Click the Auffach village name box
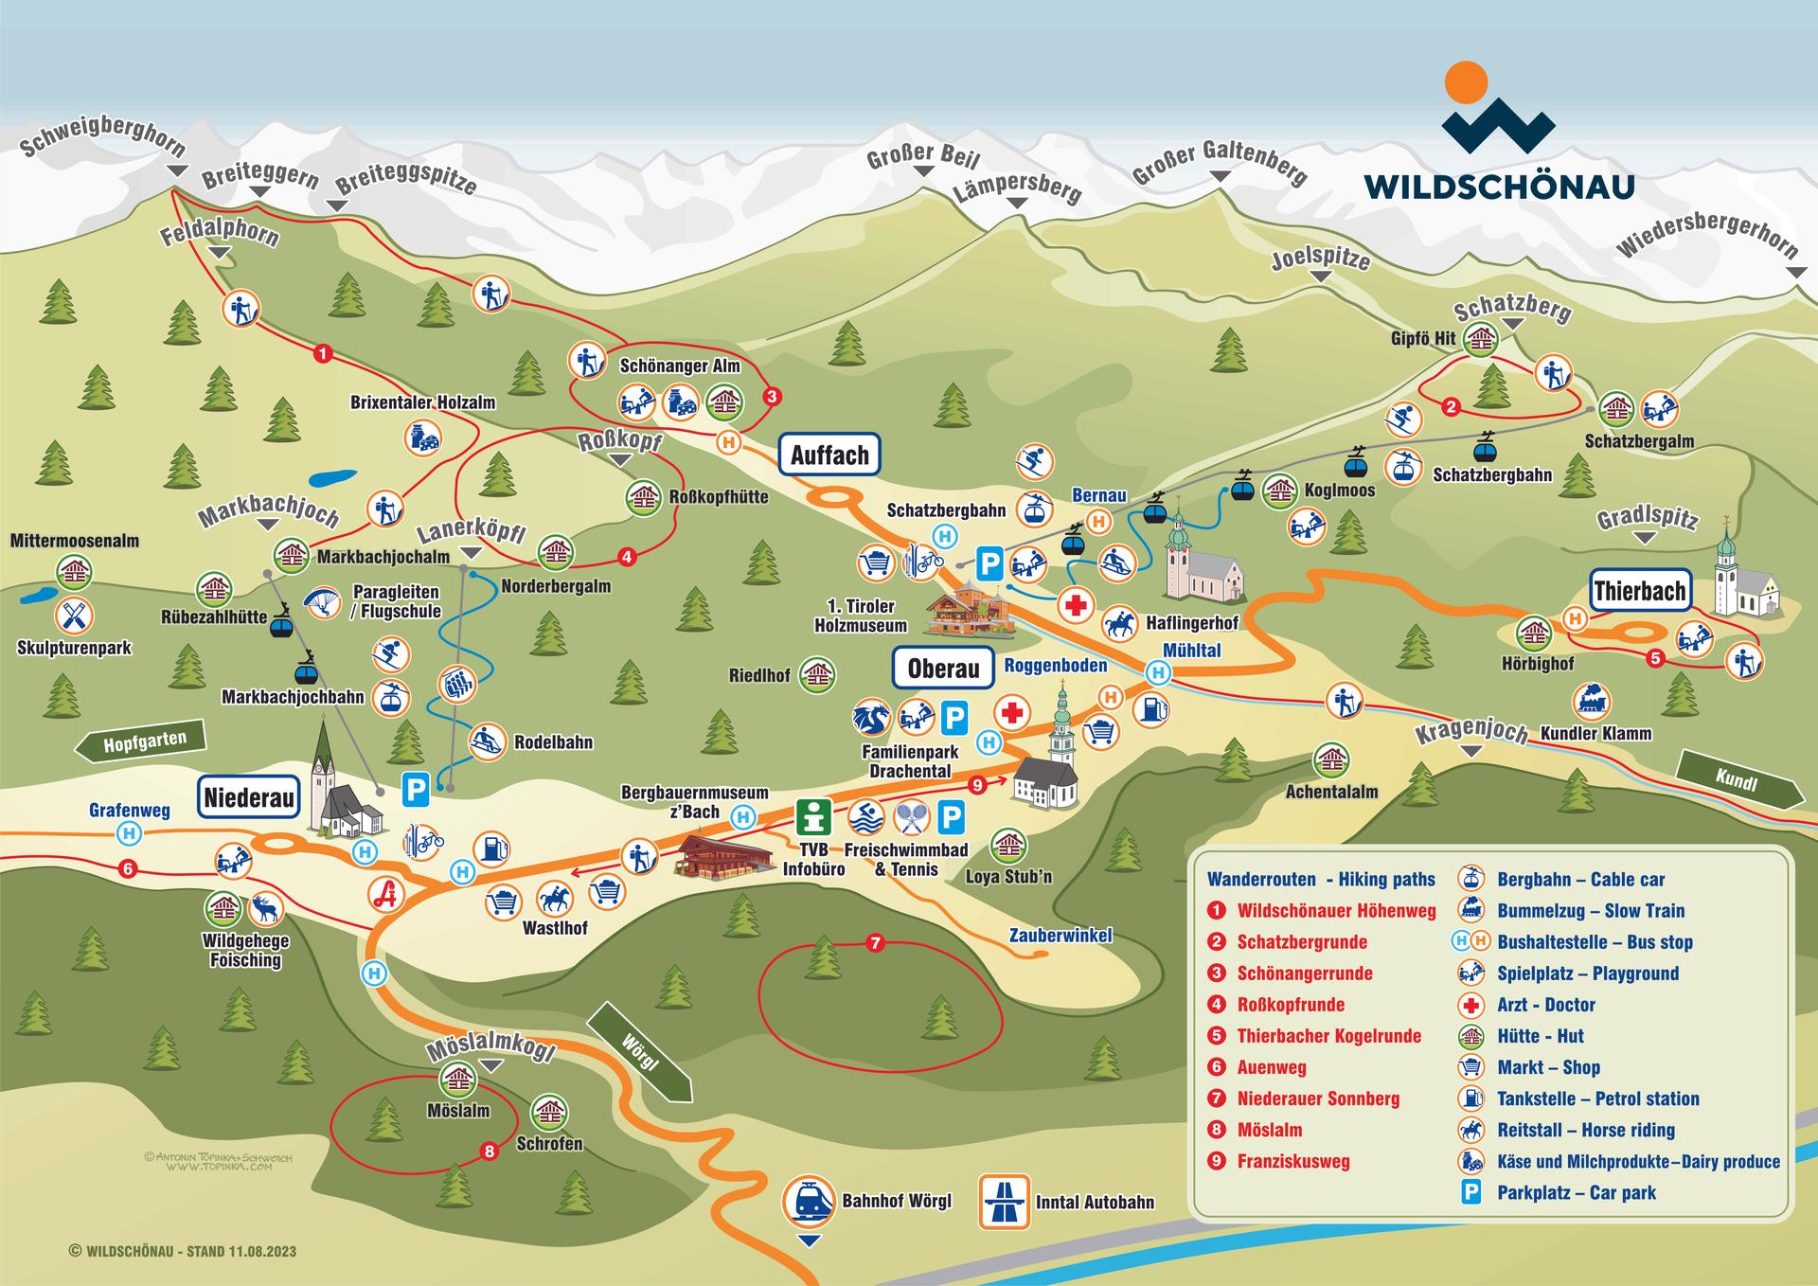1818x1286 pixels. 829,455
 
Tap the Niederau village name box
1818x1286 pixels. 249,797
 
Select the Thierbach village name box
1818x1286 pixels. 1640,592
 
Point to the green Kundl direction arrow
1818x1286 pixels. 1738,780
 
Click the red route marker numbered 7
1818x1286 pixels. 875,943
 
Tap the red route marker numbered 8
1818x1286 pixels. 489,1152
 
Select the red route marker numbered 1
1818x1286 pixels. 322,354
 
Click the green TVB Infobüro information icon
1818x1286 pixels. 813,816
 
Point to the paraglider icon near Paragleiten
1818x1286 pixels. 323,601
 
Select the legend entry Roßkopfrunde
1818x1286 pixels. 1291,1005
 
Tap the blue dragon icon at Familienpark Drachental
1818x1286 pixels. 871,718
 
